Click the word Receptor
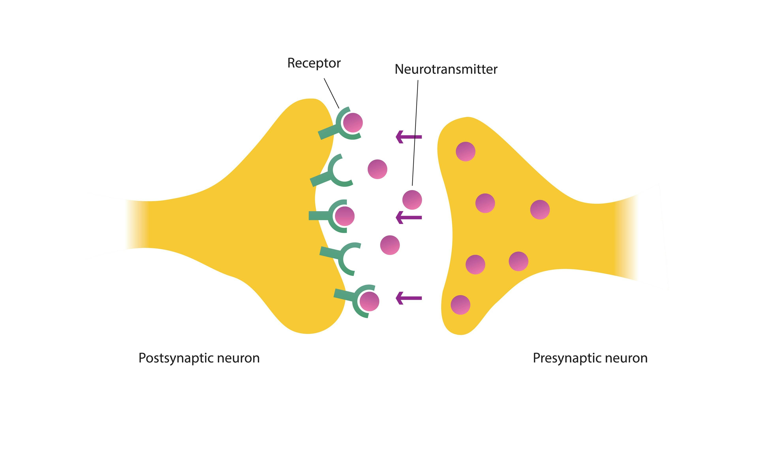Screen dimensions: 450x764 click(314, 63)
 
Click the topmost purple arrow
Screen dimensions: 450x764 click(409, 137)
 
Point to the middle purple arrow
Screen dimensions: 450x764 click(409, 218)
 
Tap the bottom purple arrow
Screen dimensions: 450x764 click(409, 298)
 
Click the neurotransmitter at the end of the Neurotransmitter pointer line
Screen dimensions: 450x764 click(412, 200)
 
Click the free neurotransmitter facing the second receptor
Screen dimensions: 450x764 click(377, 169)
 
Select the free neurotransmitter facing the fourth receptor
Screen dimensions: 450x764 click(390, 245)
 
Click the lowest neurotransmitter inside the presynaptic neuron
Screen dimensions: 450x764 click(460, 305)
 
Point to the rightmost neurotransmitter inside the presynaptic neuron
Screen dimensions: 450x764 click(540, 210)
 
